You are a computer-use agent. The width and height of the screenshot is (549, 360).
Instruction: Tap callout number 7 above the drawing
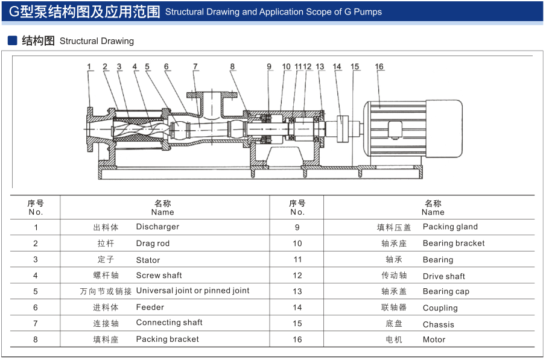(x=195, y=67)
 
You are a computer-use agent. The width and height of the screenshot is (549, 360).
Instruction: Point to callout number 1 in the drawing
(x=89, y=67)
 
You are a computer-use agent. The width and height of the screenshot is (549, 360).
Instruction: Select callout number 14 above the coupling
(x=337, y=67)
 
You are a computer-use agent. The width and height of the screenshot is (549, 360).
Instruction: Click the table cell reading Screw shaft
(x=159, y=276)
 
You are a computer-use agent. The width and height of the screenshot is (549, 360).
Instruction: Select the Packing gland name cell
(x=450, y=227)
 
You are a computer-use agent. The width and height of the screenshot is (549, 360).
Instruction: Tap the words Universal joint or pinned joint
(x=192, y=291)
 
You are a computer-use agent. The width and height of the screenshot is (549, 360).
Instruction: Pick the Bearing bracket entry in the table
(x=454, y=243)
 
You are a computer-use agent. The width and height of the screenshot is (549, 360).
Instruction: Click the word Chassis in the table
(x=439, y=324)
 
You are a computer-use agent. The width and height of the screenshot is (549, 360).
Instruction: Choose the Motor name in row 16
(x=434, y=339)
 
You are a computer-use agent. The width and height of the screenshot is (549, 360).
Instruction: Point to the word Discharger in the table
(x=157, y=227)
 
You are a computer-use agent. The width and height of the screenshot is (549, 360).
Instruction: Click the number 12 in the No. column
(x=297, y=276)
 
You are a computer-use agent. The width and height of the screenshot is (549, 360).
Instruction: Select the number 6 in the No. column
(x=36, y=308)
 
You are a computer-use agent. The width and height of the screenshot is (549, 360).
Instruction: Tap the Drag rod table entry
(x=153, y=244)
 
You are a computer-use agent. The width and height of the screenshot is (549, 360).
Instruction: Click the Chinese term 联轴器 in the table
(x=394, y=308)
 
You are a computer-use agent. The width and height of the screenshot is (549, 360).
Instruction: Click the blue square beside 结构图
(x=12, y=40)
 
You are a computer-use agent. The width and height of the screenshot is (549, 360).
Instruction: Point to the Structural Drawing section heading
(x=97, y=41)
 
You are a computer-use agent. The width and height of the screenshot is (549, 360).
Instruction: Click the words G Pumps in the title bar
(x=363, y=11)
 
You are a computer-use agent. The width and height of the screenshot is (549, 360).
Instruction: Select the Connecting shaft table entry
(x=169, y=323)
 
